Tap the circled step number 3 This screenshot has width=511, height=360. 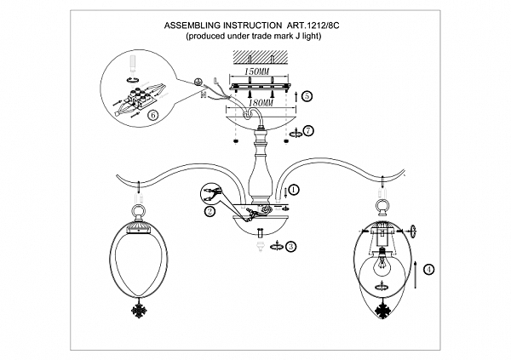pos(292,247)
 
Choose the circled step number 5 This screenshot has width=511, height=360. pos(307,97)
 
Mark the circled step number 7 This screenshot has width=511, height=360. pos(308,130)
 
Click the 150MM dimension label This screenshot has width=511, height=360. pos(255,73)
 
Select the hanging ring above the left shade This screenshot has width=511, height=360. pos(136,207)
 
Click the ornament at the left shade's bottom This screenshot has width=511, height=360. pos(136,306)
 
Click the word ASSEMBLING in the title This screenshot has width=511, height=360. pos(198,27)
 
